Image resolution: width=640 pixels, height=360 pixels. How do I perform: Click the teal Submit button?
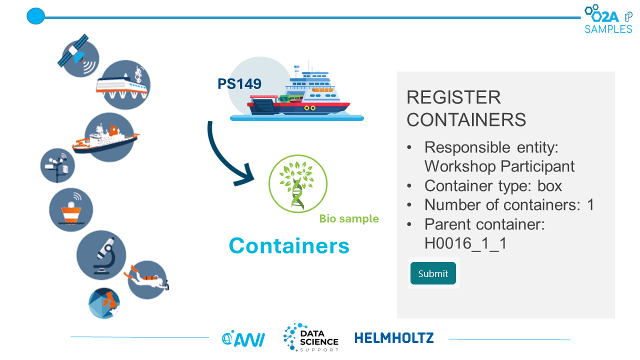433,273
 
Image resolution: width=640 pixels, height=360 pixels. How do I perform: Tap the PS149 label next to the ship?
239,83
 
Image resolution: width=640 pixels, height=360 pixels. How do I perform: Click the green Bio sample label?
349,218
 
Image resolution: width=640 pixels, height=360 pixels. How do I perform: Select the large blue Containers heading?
289,245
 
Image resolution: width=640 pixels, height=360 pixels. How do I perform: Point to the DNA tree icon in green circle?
297,183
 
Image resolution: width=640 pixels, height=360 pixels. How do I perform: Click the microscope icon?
101,255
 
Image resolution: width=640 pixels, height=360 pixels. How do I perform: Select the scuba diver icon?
147,279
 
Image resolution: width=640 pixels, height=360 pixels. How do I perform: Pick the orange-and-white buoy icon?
71,209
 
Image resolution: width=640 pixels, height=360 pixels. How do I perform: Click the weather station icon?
57,165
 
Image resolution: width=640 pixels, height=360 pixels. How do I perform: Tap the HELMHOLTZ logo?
394,338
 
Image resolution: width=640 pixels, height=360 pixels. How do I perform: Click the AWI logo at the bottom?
243,339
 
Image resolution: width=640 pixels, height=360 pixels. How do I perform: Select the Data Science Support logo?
311,337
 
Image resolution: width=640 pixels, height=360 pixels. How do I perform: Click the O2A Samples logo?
608,19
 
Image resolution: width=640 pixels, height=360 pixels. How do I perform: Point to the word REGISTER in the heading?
453,97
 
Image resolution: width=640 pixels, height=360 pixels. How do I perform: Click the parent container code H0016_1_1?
465,243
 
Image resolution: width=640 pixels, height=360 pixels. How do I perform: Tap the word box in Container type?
549,185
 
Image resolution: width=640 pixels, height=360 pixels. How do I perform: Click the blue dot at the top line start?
35,16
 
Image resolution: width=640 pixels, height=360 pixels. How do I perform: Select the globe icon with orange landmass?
104,303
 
